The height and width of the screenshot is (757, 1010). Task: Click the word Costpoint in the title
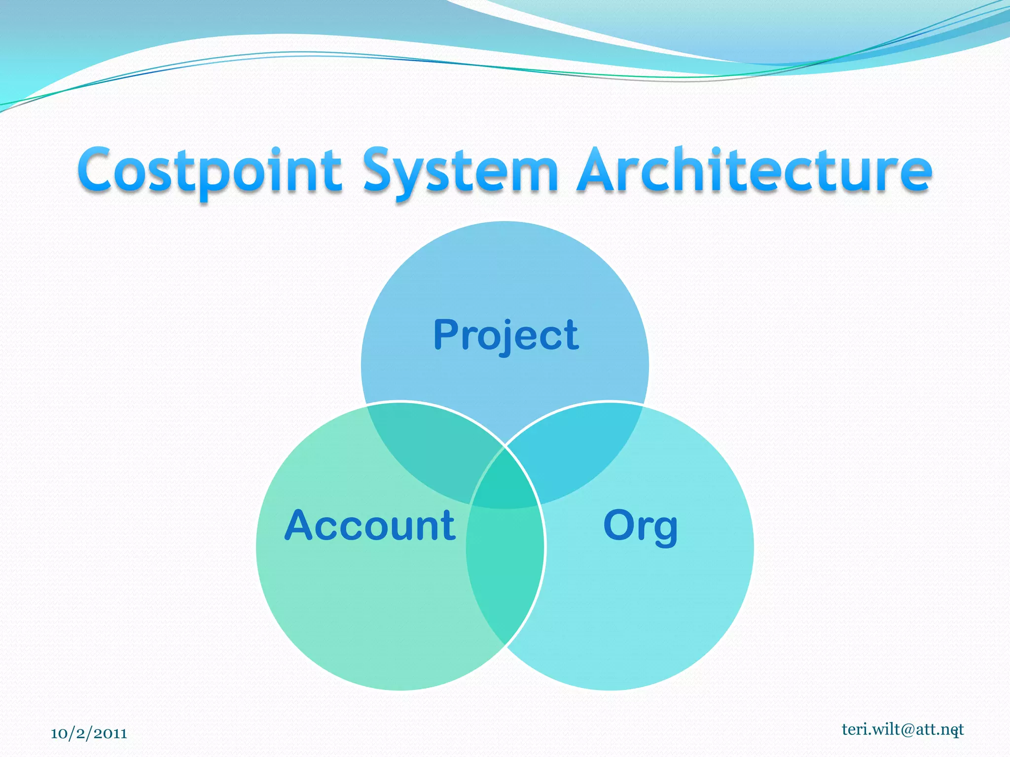pos(210,170)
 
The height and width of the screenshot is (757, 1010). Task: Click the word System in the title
pos(460,170)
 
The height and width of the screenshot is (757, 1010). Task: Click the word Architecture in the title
pos(755,170)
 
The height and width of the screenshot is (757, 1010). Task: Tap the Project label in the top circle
pos(506,335)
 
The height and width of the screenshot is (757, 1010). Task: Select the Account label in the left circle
pos(370,526)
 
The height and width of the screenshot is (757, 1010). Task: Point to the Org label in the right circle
pos(640,526)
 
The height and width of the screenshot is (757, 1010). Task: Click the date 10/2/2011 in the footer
pos(89,733)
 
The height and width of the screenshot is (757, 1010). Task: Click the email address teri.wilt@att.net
pos(902,729)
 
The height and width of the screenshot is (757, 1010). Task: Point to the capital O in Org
pos(620,525)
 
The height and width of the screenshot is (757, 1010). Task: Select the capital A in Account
pos(301,525)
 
